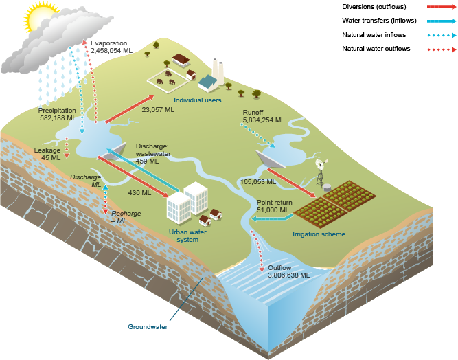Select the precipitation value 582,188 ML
57,117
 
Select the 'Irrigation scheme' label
319,234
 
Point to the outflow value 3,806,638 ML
288,274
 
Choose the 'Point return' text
275,203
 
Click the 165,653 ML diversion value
258,182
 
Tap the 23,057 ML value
158,109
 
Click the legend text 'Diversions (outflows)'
370,7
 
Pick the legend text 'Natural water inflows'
373,34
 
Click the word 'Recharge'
126,214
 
